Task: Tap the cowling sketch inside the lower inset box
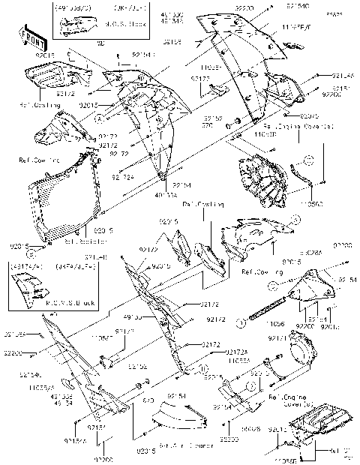pos(31,285)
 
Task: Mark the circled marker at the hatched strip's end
pos(242,323)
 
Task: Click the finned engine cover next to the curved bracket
pos(261,181)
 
